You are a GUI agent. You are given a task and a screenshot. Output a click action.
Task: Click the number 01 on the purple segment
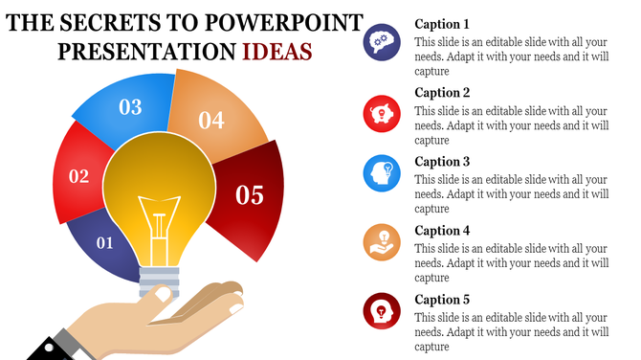click(x=105, y=243)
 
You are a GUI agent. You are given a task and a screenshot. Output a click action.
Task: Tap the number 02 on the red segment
click(x=78, y=176)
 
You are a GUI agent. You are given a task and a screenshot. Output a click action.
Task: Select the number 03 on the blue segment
click(x=130, y=107)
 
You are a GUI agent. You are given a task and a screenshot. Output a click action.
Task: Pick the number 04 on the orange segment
click(x=210, y=121)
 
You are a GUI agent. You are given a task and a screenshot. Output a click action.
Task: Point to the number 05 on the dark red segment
click(x=249, y=195)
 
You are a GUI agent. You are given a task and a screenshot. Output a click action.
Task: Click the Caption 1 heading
click(x=442, y=24)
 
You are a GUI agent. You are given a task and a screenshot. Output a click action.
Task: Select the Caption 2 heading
click(x=442, y=93)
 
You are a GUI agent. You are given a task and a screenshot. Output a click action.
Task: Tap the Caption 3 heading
click(x=442, y=162)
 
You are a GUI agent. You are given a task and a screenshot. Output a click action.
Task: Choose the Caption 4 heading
click(x=442, y=231)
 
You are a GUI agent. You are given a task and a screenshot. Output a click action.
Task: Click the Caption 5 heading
click(x=442, y=300)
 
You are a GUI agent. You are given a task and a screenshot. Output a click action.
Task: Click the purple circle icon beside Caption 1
click(x=381, y=43)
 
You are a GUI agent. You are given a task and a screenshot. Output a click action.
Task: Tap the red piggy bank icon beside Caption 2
click(x=381, y=113)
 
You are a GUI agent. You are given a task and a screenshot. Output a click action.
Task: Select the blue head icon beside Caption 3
click(x=381, y=173)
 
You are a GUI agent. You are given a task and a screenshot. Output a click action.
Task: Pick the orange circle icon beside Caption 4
click(x=381, y=241)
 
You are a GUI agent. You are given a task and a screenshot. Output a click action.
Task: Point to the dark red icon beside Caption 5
click(x=381, y=310)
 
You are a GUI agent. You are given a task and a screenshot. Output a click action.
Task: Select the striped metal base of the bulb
click(x=159, y=284)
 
